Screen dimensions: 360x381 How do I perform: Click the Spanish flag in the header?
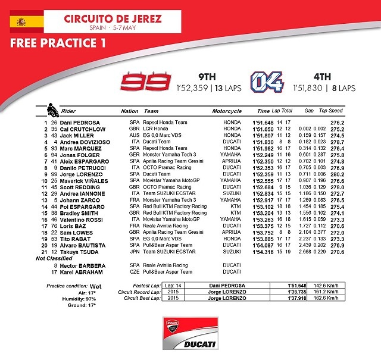pyautogui.click(x=26, y=22)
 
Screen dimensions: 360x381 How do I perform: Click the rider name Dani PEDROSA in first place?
pyautogui.click(x=78, y=123)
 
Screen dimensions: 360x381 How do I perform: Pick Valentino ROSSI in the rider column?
pyautogui.click(x=82, y=219)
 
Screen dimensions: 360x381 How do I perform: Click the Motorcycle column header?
pyautogui.click(x=227, y=111)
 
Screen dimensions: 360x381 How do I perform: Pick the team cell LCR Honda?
pyautogui.click(x=157, y=129)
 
